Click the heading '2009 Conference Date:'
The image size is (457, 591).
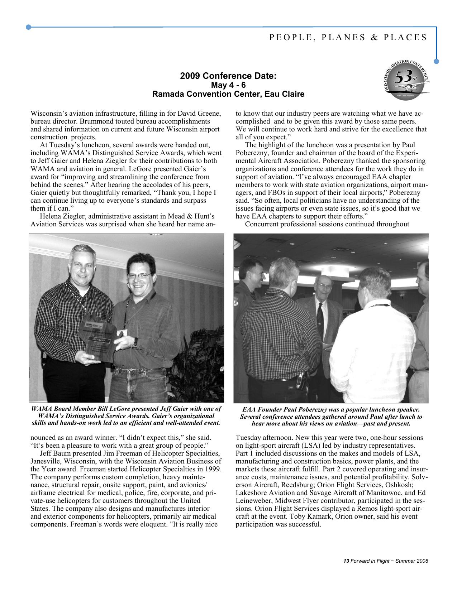pos(228,76)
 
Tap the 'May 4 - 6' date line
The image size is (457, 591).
pos(228,85)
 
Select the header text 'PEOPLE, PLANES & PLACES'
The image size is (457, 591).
pos(348,37)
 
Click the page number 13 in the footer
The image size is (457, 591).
pos(346,561)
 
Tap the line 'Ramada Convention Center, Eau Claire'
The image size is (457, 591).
pos(228,94)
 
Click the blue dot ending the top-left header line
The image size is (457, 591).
pos(28,27)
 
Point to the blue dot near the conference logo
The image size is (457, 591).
pos(436,61)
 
